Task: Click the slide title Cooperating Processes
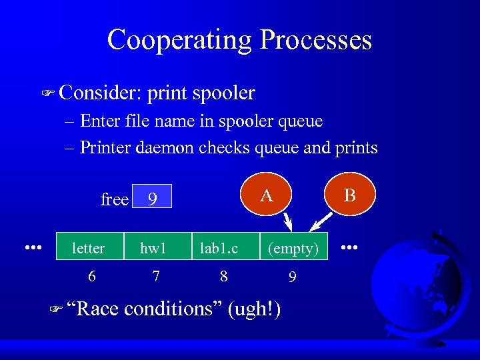click(x=239, y=39)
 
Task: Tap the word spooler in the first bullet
click(x=223, y=93)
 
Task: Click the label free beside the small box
click(x=114, y=199)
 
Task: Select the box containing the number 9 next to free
click(x=153, y=197)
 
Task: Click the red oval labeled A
click(x=267, y=195)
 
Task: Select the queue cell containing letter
click(x=88, y=248)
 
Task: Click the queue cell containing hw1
click(x=153, y=248)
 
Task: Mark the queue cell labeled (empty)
click(x=294, y=248)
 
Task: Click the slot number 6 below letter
click(x=91, y=275)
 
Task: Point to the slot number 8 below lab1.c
click(x=224, y=275)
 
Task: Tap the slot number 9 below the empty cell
click(x=292, y=275)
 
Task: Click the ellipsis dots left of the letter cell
click(x=33, y=247)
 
